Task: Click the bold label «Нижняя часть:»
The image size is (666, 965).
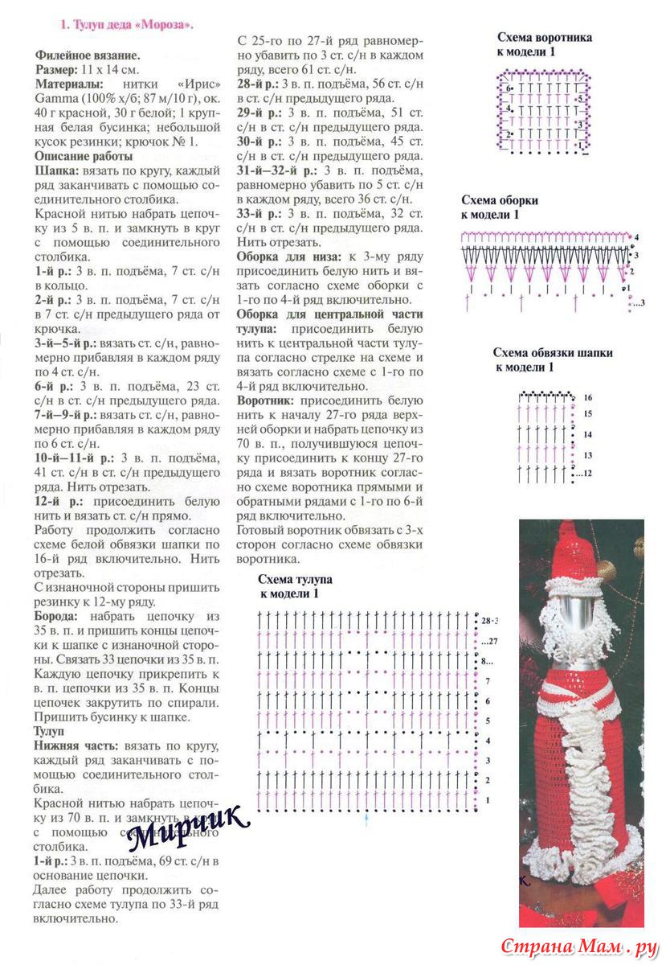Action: point(77,745)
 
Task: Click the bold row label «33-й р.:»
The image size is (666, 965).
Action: point(258,213)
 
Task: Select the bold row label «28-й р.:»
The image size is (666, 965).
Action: point(258,83)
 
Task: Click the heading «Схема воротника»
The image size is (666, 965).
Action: point(544,37)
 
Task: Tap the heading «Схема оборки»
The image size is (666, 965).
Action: point(500,200)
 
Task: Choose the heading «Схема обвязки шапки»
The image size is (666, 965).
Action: point(552,352)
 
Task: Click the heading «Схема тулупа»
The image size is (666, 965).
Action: point(295,579)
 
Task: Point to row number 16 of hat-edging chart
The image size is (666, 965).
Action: point(587,397)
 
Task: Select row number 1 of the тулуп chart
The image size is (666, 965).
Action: point(487,801)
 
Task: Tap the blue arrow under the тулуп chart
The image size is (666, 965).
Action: point(366,819)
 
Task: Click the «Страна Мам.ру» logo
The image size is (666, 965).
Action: point(574,946)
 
